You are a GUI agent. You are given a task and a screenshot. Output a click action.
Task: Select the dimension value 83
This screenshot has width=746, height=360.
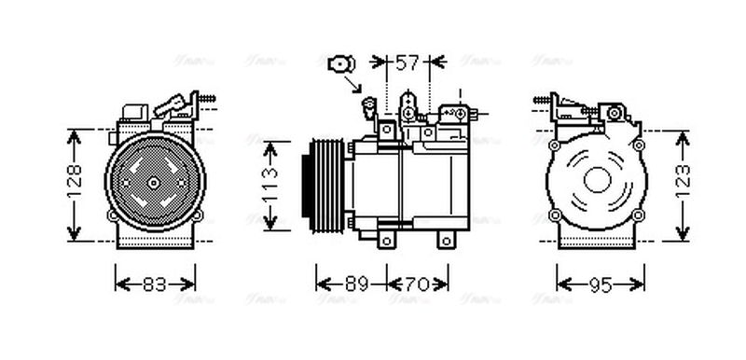[x=155, y=284]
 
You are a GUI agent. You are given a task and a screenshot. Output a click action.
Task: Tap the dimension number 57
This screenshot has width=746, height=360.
[x=407, y=63]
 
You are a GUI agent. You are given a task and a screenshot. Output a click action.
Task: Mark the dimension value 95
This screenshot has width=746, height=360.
[x=601, y=284]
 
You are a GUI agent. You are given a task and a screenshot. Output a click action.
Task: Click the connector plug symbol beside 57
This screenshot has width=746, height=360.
[x=339, y=63]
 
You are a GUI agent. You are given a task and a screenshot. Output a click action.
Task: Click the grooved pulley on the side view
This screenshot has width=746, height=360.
[x=322, y=186]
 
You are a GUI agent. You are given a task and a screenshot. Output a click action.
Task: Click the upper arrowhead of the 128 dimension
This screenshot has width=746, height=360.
[x=75, y=133]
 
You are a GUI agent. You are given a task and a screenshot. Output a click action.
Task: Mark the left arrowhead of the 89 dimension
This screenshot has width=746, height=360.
[x=320, y=284]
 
